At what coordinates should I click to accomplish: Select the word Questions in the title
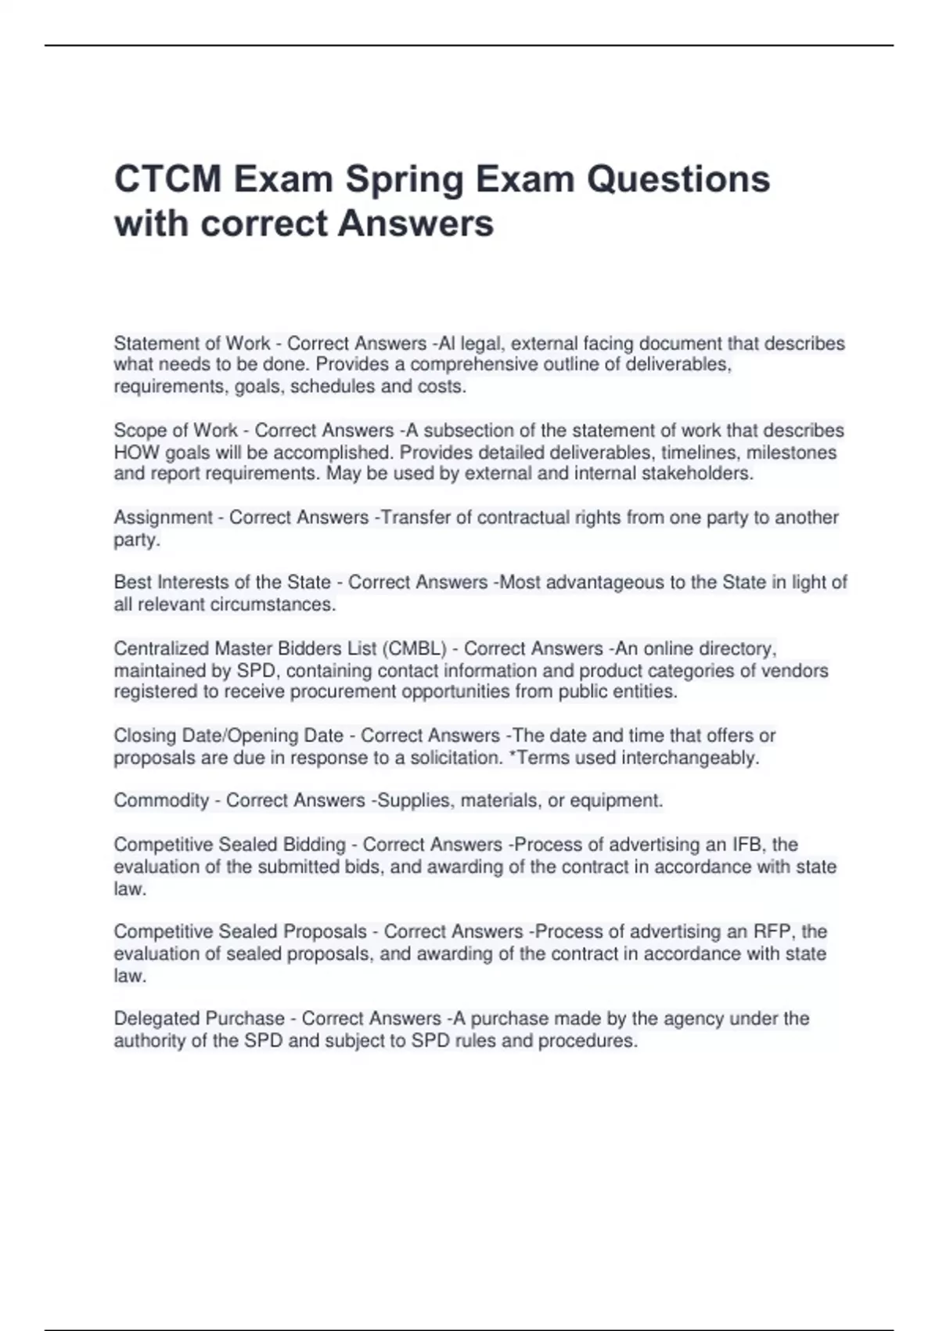click(x=678, y=179)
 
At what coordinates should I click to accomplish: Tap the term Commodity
click(x=161, y=801)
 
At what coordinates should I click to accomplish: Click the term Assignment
click(x=163, y=518)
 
